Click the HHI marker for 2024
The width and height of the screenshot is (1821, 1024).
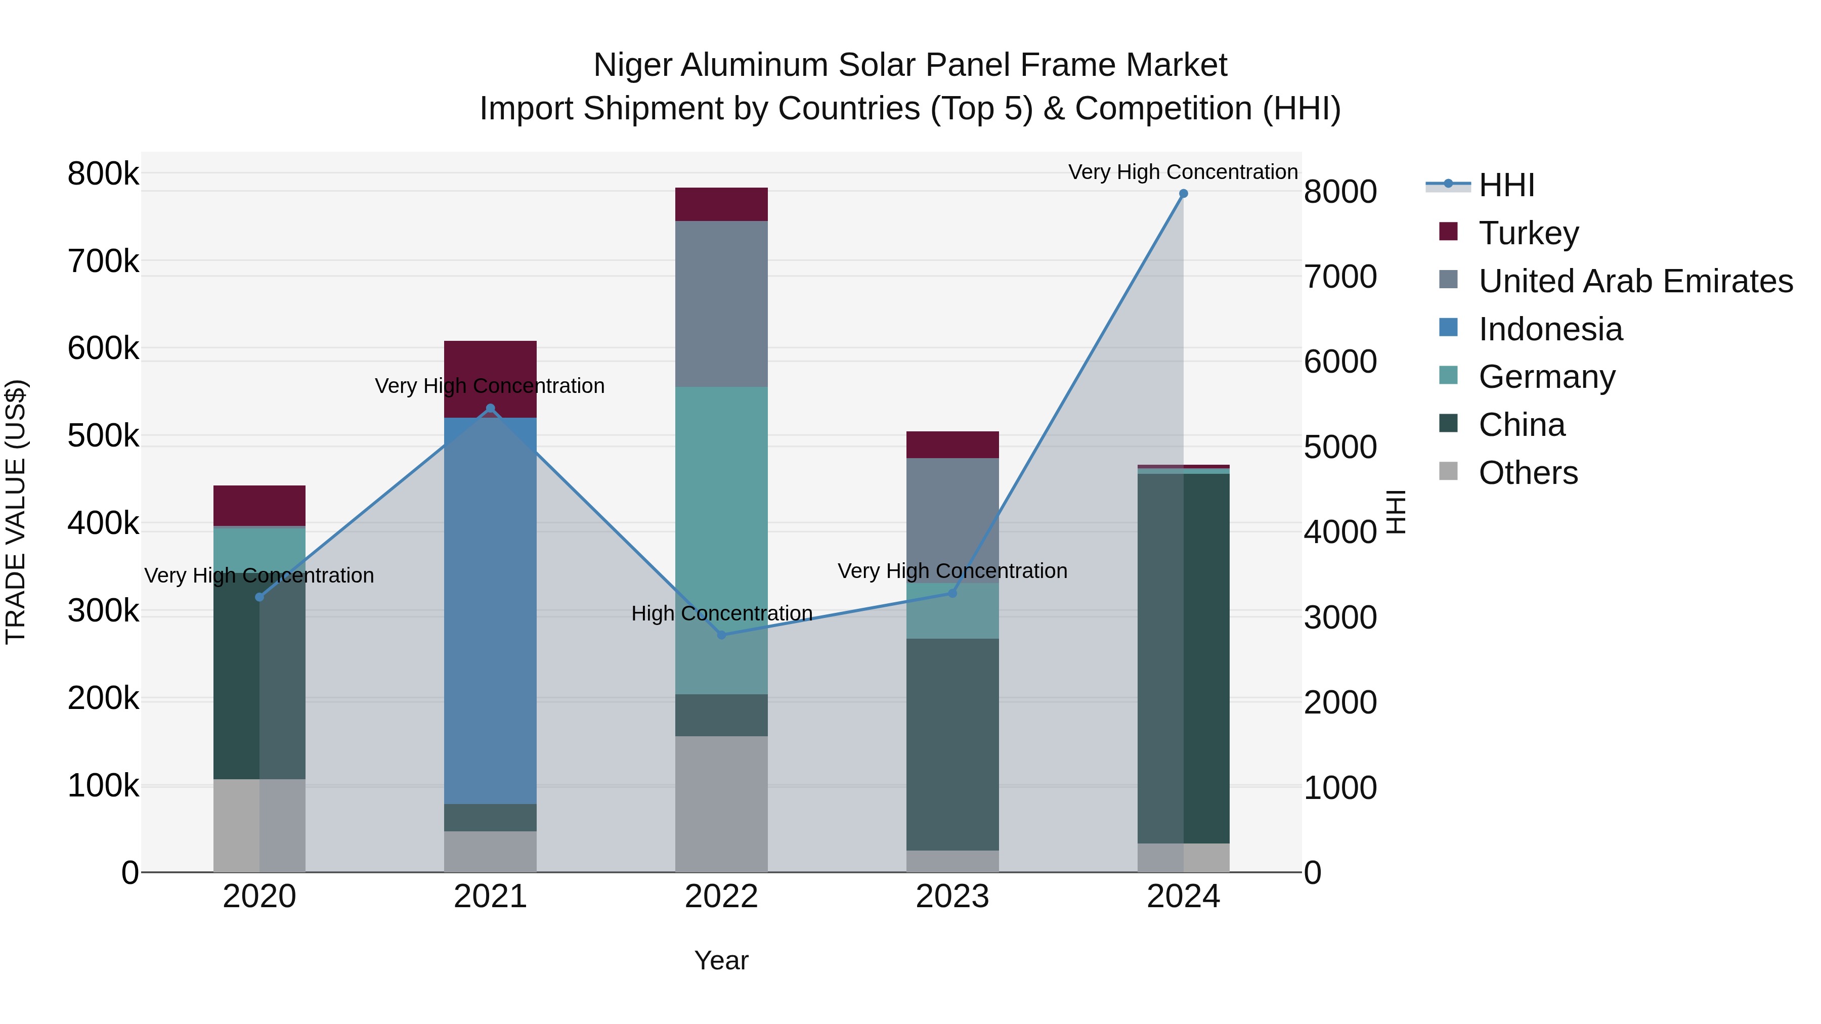click(1183, 194)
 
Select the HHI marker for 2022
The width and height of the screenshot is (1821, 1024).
click(721, 635)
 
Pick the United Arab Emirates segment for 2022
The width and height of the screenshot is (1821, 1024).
click(721, 303)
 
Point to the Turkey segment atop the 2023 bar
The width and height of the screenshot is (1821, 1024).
click(952, 444)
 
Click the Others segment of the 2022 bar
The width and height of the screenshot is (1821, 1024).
click(721, 804)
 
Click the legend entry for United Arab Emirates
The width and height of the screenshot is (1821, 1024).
click(1635, 281)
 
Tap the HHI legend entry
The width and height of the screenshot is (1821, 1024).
click(1506, 185)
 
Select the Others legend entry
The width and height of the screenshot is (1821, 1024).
click(1528, 473)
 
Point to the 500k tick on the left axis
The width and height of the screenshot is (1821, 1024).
click(103, 436)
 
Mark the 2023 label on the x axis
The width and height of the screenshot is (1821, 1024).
click(952, 897)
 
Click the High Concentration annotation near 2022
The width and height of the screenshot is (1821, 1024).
click(721, 613)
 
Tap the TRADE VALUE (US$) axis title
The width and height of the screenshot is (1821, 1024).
click(16, 512)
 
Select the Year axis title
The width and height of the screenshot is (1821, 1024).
click(721, 960)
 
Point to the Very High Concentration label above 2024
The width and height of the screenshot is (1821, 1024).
click(1183, 172)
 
